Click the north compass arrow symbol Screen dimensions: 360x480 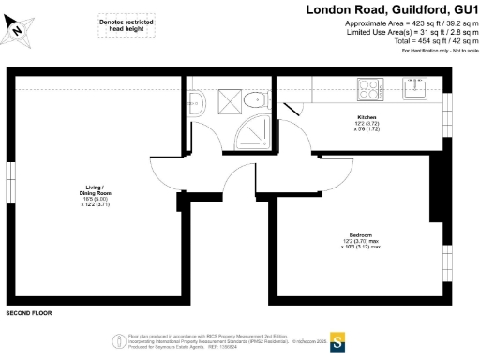pyautogui.click(x=18, y=29)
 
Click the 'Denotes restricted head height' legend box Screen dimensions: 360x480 pyautogui.click(x=126, y=25)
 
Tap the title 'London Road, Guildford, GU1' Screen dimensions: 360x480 pyautogui.click(x=393, y=9)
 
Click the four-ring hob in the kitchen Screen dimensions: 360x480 pyautogui.click(x=368, y=89)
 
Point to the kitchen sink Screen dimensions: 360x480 pyautogui.click(x=415, y=89)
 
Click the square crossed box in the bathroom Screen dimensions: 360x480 pyautogui.click(x=225, y=99)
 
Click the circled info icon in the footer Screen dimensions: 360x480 pyautogui.click(x=119, y=339)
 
